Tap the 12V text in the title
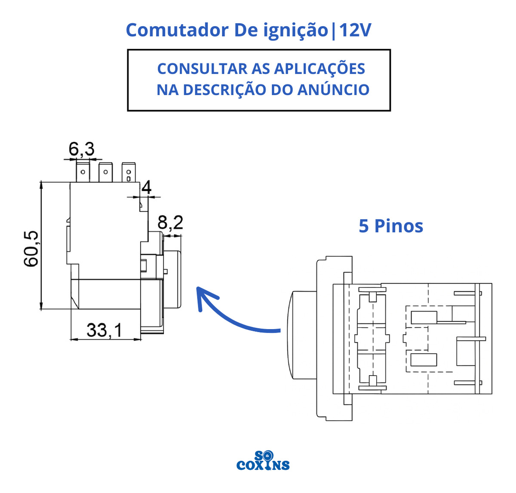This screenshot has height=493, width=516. (355, 31)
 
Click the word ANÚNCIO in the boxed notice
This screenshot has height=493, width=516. (333, 90)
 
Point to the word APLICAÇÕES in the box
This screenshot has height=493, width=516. (319, 69)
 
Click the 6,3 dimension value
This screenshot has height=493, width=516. (82, 149)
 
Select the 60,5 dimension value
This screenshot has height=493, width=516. (32, 249)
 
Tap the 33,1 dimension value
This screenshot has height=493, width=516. (104, 330)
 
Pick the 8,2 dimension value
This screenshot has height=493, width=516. (170, 223)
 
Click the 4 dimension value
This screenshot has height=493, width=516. (147, 188)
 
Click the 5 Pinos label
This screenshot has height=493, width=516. (391, 226)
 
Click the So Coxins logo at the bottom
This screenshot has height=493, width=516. (263, 461)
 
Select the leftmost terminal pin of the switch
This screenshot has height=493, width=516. (83, 172)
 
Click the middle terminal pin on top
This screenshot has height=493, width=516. (105, 172)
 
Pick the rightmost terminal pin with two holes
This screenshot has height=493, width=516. (128, 173)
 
